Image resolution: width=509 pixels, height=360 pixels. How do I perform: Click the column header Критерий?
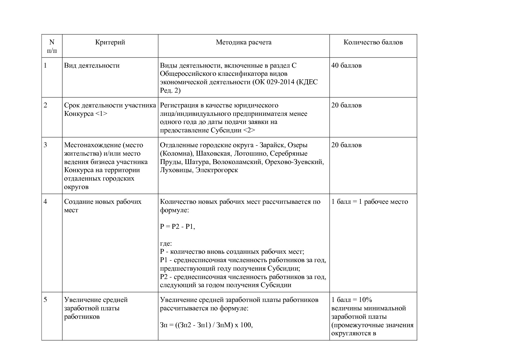[110, 42]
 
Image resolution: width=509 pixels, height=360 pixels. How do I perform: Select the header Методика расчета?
[243, 42]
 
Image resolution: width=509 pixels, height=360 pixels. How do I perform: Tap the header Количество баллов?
[373, 42]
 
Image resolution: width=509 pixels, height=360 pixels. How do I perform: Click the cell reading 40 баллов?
[346, 66]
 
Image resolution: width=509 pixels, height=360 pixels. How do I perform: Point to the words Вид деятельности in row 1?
[92, 66]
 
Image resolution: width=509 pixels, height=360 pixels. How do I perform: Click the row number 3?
[45, 145]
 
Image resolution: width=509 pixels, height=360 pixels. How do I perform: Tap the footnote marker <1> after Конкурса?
[101, 114]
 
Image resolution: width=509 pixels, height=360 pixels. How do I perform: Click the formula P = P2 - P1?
[177, 227]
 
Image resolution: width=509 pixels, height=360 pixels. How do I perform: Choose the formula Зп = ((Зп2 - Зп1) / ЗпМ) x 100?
[206, 325]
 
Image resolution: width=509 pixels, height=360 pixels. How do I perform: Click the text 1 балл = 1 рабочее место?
[369, 202]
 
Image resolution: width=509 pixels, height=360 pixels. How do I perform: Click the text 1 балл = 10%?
[351, 300]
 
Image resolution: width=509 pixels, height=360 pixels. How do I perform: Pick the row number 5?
[45, 300]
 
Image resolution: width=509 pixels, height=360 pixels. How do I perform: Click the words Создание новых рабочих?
[102, 202]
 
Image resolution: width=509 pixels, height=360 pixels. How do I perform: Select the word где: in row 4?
[166, 244]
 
